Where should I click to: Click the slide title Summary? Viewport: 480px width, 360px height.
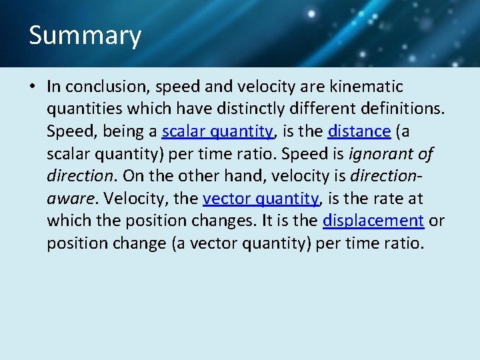85,35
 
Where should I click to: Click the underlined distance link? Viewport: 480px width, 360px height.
359,131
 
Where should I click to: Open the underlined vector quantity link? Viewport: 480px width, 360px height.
261,199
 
